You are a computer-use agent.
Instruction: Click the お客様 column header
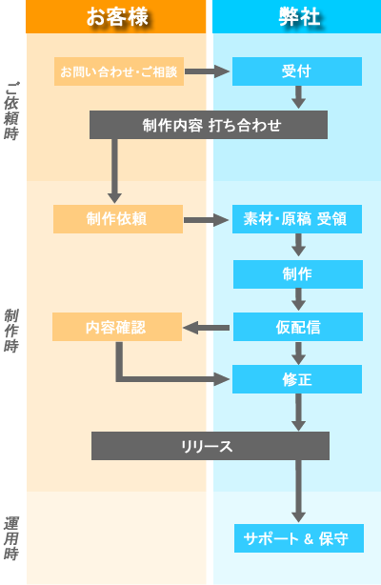click(x=115, y=16)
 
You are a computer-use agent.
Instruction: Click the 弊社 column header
click(x=296, y=16)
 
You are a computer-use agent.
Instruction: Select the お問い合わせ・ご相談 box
click(x=119, y=71)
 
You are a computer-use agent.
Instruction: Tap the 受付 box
click(x=297, y=71)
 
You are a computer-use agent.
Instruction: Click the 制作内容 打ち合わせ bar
click(x=209, y=125)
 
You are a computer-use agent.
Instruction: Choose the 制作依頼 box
click(x=117, y=219)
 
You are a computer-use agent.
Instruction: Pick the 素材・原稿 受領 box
click(x=297, y=219)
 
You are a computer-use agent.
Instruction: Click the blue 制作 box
click(x=297, y=273)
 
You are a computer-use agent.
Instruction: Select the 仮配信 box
click(x=297, y=327)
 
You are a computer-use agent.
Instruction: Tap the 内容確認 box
click(x=117, y=327)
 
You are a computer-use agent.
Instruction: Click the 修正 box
click(x=297, y=379)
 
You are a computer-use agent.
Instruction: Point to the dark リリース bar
click(x=210, y=446)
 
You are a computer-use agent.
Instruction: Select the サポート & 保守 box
click(x=297, y=538)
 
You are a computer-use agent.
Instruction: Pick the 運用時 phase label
click(x=11, y=537)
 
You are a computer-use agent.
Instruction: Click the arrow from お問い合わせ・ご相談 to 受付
click(x=208, y=71)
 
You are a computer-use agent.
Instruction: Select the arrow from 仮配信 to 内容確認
click(x=206, y=328)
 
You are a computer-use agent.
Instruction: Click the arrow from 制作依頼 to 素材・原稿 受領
click(x=207, y=220)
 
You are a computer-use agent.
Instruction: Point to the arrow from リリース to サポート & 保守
click(x=298, y=491)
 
